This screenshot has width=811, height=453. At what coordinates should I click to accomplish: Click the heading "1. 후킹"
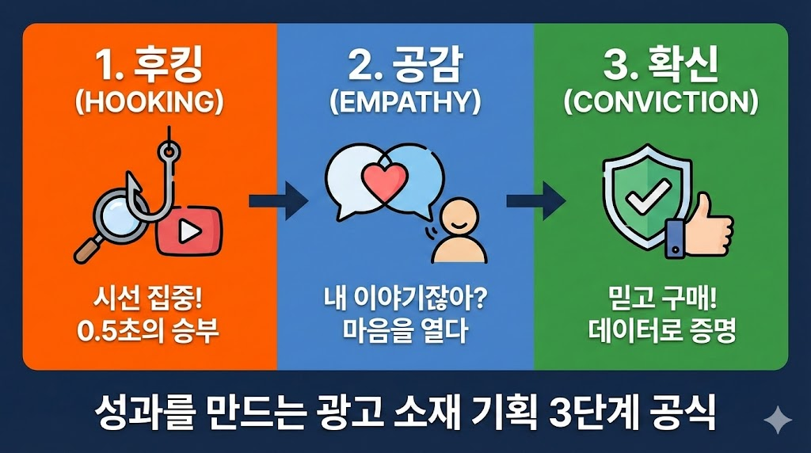(150, 66)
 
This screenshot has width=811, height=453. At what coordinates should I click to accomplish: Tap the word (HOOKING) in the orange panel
(150, 102)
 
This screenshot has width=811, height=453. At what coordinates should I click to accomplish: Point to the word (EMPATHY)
(405, 102)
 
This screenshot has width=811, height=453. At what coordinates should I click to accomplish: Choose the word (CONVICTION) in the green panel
(661, 102)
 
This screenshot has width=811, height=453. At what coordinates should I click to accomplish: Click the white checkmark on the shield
(648, 196)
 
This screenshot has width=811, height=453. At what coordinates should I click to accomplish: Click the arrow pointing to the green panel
(535, 200)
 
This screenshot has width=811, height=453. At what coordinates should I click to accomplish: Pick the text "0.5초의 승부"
(148, 331)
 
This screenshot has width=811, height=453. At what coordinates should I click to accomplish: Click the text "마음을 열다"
(405, 330)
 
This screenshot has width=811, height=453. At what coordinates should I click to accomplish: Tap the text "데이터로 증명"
(661, 330)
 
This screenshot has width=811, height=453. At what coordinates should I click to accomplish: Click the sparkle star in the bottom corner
(778, 420)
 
